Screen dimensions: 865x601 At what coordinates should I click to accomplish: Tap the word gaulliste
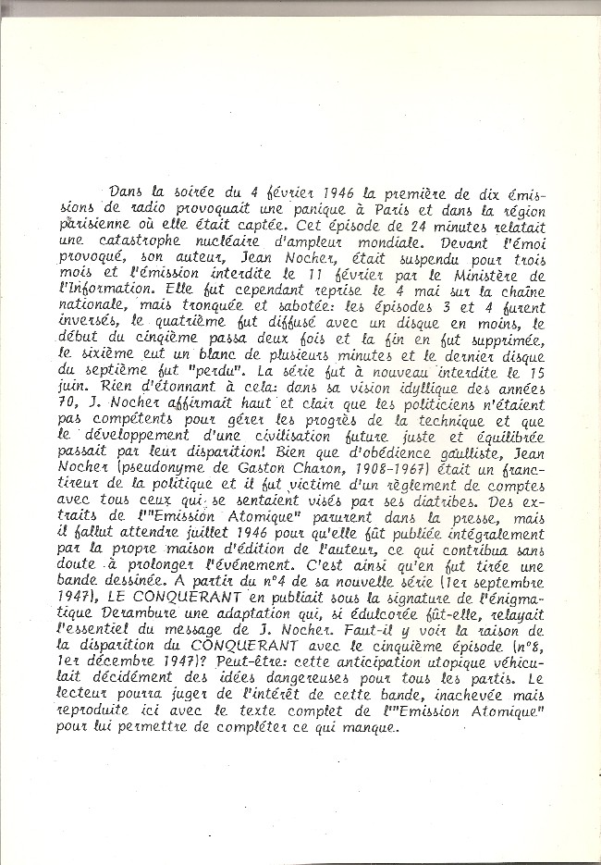click(470, 476)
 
